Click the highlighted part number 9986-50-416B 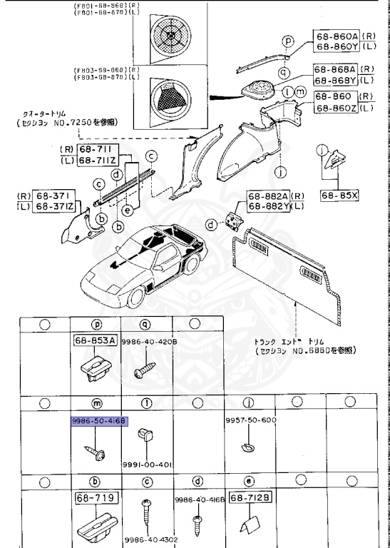pyautogui.click(x=98, y=422)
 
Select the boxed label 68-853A pyautogui.click(x=95, y=341)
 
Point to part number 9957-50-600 pyautogui.click(x=250, y=420)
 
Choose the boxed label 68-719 pyautogui.click(x=95, y=496)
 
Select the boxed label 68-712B pyautogui.click(x=250, y=497)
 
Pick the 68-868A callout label pyautogui.click(x=333, y=69)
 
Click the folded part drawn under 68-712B pyautogui.click(x=249, y=525)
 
